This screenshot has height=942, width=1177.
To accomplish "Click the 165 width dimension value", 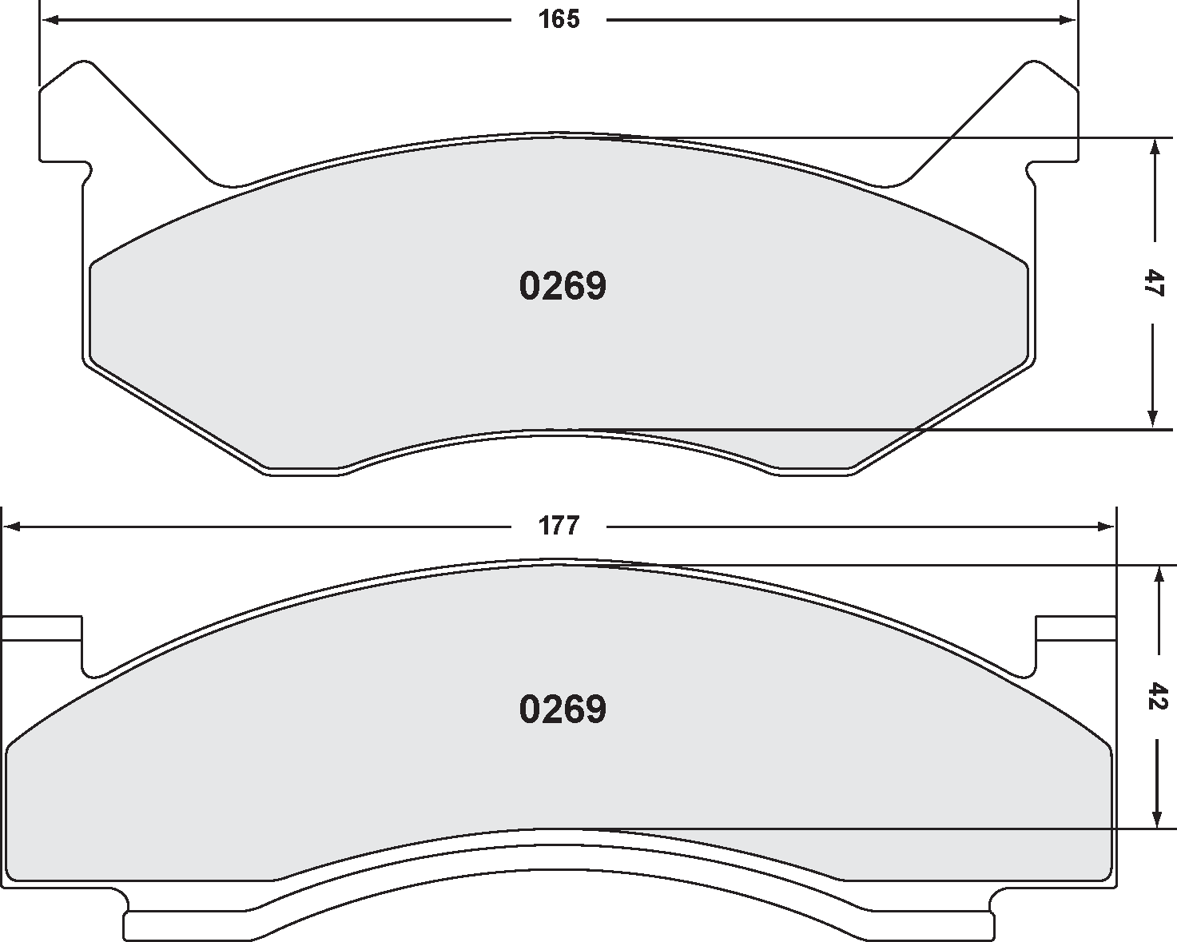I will [559, 20].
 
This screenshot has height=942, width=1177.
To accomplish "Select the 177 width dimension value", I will [559, 527].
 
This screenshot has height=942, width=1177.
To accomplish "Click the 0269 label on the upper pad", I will [563, 286].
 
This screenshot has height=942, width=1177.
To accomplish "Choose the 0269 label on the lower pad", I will [563, 709].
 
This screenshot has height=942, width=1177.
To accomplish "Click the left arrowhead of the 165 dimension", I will [49, 20].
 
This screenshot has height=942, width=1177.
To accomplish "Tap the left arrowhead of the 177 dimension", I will [12, 527].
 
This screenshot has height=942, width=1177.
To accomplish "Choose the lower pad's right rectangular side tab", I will [1075, 629].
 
